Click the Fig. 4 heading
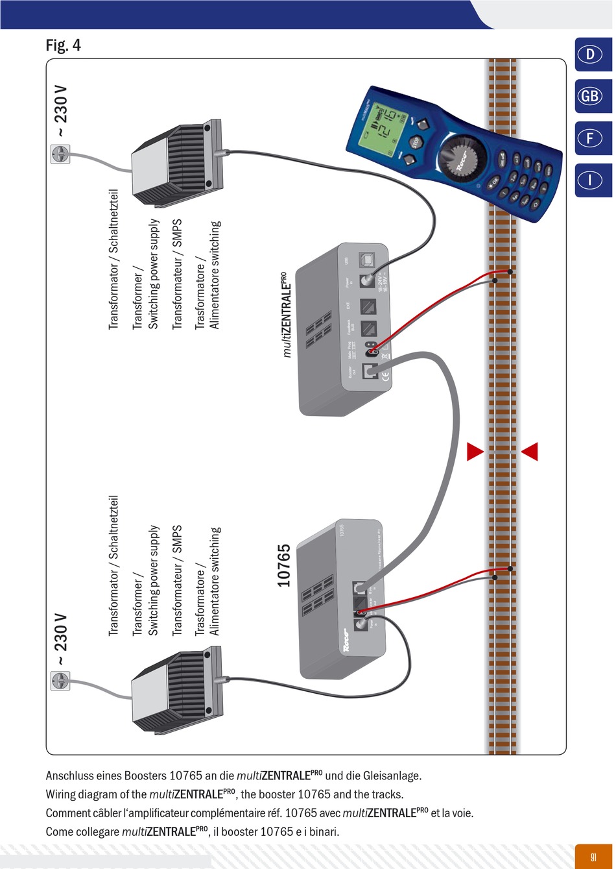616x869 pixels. pos(63,45)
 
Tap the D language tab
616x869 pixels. pos(591,55)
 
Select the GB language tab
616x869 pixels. pos(591,96)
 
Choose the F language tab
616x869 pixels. pos(591,138)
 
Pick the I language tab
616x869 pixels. pos(591,180)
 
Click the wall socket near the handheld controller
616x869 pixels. pos(60,154)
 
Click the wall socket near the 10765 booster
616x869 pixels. pos(60,680)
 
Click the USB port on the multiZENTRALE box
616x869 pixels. pos(367,258)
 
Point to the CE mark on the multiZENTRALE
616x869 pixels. pos(384,374)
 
